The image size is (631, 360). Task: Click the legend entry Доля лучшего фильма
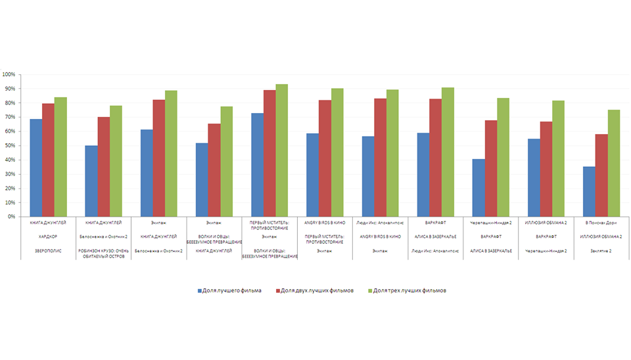[x=231, y=290]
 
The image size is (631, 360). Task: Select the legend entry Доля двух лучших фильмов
[x=317, y=290]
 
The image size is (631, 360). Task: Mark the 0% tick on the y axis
[x=11, y=216]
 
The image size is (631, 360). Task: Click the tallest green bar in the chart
[x=281, y=150]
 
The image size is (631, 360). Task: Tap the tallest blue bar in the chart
[x=257, y=165]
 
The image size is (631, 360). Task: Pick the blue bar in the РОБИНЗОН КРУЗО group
[x=91, y=181]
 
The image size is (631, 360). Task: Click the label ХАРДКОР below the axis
[x=48, y=236]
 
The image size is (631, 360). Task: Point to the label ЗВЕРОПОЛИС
[x=48, y=250]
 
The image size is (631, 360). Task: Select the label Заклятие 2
[x=601, y=250]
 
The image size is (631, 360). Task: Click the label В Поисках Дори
[x=601, y=223]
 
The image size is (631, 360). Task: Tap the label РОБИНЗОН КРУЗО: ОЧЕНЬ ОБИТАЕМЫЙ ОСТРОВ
[x=104, y=253]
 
